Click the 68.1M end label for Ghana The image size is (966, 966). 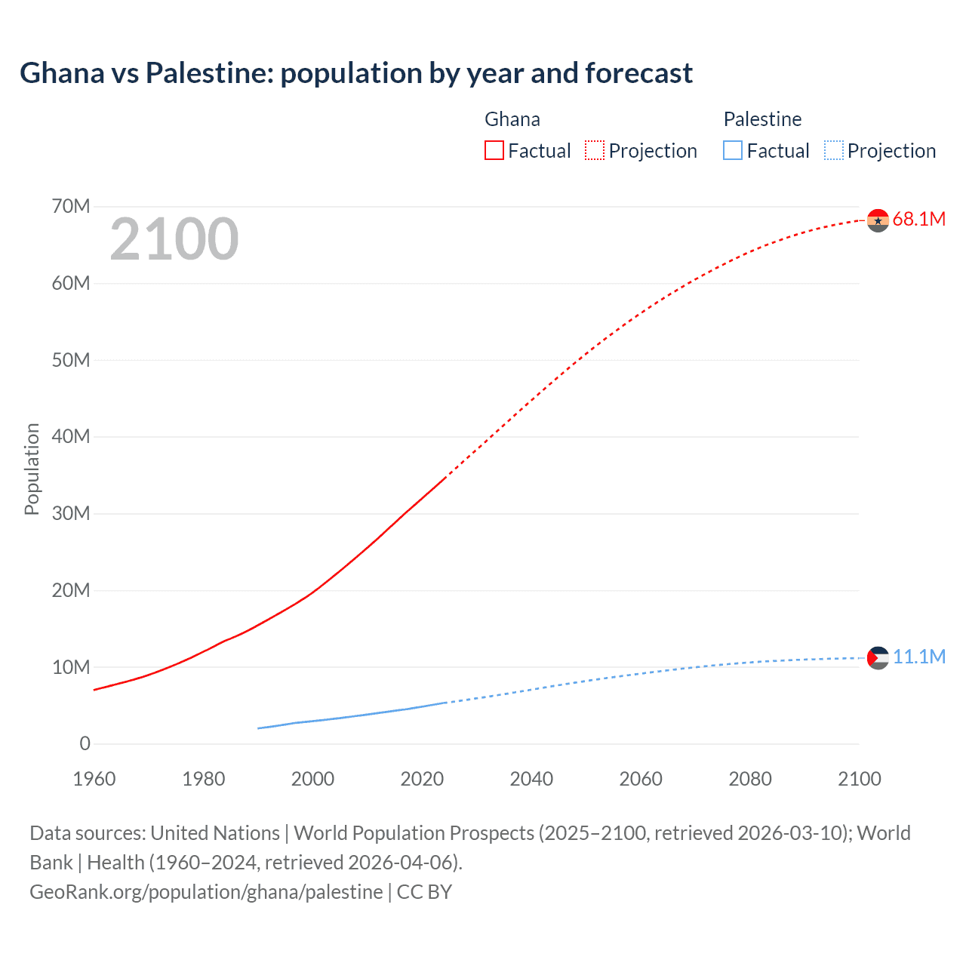click(x=918, y=220)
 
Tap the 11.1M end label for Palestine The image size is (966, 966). click(x=918, y=657)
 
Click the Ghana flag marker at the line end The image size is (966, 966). click(x=878, y=220)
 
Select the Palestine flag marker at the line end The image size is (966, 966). click(x=878, y=658)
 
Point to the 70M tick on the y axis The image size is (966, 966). click(x=71, y=207)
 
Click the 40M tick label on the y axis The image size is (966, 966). click(x=71, y=437)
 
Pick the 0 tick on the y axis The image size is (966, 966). click(x=85, y=744)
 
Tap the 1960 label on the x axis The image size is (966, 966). click(x=94, y=779)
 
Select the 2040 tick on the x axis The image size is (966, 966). click(x=531, y=779)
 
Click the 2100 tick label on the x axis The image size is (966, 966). click(x=859, y=779)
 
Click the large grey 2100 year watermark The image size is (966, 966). click(x=174, y=239)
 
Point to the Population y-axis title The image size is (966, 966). click(x=32, y=469)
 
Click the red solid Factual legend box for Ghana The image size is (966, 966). click(x=494, y=150)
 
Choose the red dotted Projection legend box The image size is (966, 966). click(x=595, y=150)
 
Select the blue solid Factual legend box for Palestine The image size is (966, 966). click(x=733, y=150)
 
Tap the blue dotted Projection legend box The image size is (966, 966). click(x=834, y=150)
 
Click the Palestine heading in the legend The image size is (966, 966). click(x=762, y=119)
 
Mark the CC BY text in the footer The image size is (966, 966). click(x=424, y=892)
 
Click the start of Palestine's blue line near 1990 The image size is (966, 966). click(x=259, y=728)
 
